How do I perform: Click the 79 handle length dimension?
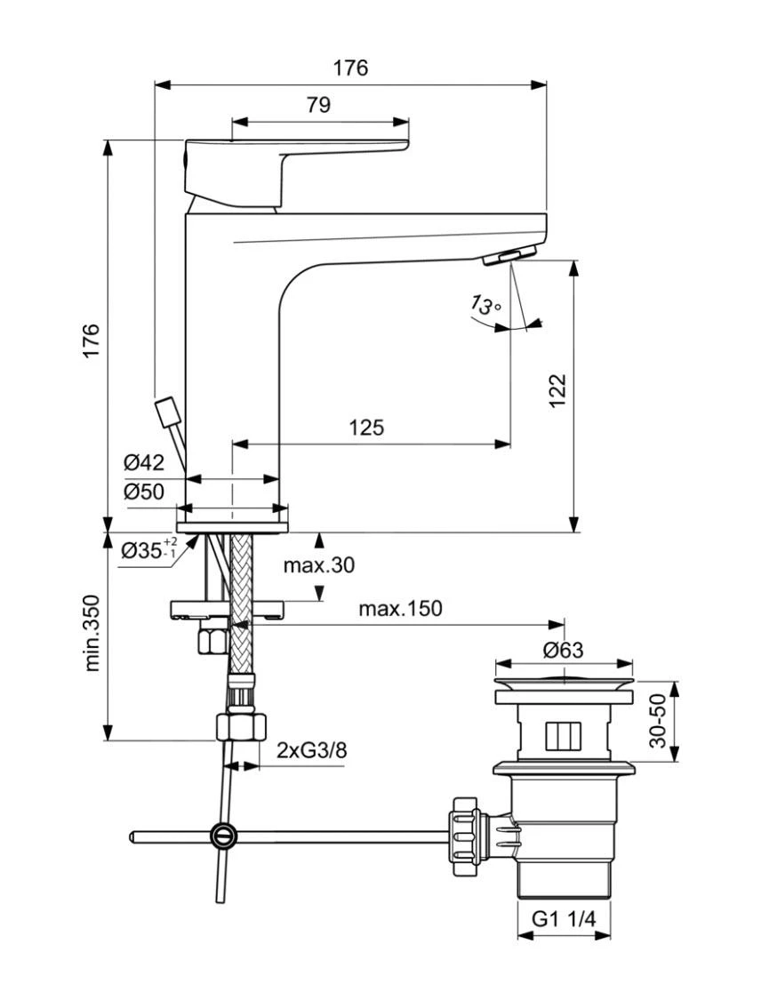tap(319, 104)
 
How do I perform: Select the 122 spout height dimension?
tap(557, 390)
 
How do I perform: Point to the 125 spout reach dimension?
tap(366, 427)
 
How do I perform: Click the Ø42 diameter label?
tap(144, 461)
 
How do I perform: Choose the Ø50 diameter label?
tap(144, 491)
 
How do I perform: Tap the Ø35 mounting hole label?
tap(148, 549)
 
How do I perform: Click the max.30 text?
tap(319, 565)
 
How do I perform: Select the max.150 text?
tap(400, 608)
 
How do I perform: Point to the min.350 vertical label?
tap(92, 633)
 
